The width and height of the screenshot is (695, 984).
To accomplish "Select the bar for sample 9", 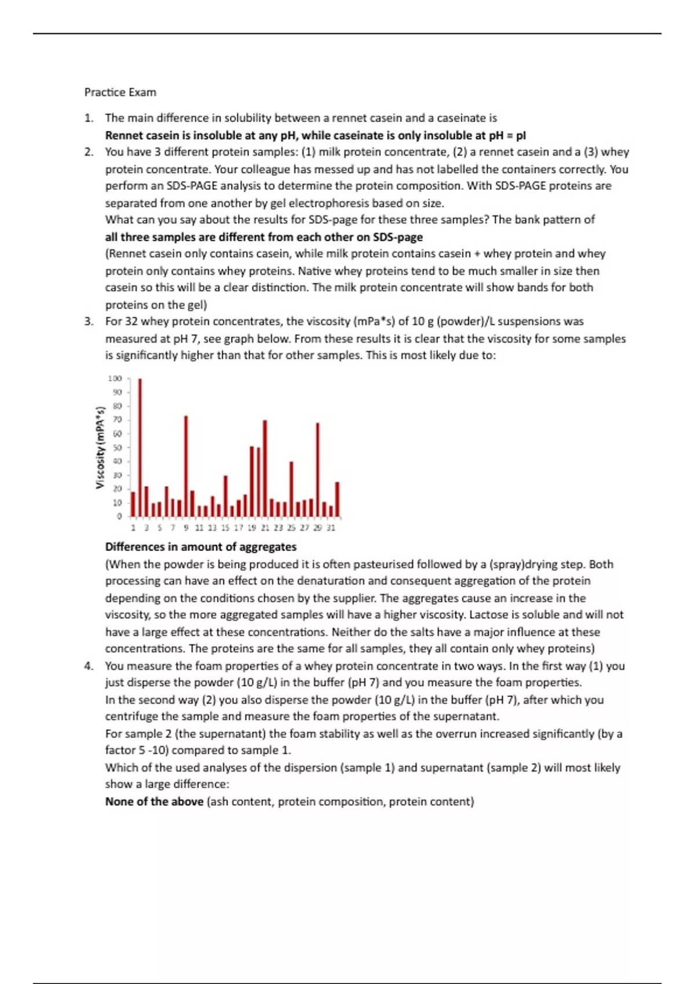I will pyautogui.click(x=186, y=466).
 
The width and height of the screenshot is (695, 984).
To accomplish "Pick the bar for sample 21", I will pyautogui.click(x=265, y=468).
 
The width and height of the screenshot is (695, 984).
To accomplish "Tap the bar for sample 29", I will pyautogui.click(x=317, y=469).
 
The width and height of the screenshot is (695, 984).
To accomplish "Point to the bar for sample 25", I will pyautogui.click(x=291, y=489).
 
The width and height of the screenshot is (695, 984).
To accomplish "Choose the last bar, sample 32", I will pyautogui.click(x=337, y=499).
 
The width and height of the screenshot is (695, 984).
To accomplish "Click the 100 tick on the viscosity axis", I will pyautogui.click(x=115, y=379).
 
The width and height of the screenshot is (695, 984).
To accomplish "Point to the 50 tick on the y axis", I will pyautogui.click(x=117, y=447).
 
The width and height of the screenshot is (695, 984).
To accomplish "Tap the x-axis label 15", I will pyautogui.click(x=225, y=528).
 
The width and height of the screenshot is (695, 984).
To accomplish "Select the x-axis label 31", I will pyautogui.click(x=331, y=528).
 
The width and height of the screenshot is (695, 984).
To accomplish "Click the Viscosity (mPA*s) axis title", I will pyautogui.click(x=100, y=447).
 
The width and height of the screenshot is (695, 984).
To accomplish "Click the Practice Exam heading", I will pyautogui.click(x=120, y=92).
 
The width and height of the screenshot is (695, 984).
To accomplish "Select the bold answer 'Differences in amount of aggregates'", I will pyautogui.click(x=200, y=547).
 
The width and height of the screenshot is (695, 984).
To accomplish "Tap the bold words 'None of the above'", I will pyautogui.click(x=154, y=802).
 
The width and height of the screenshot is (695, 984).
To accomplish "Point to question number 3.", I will pyautogui.click(x=88, y=321).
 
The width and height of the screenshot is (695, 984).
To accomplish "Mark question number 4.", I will pyautogui.click(x=88, y=666).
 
